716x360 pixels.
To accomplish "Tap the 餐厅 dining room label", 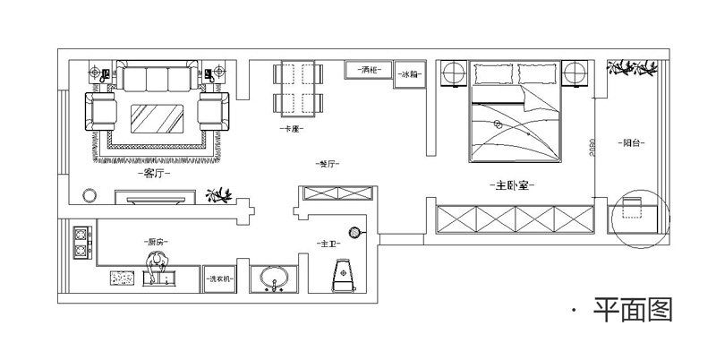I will click(x=328, y=164).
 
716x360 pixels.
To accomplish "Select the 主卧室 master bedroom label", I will click(x=513, y=186).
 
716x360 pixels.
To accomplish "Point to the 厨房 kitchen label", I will click(x=158, y=242).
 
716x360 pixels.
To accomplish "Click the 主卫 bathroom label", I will click(x=327, y=244).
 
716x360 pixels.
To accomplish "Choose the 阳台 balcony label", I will click(x=635, y=142).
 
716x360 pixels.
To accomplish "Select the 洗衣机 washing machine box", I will click(x=219, y=280).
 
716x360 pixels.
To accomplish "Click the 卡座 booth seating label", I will click(x=290, y=129).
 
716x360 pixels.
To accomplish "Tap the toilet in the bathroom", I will click(x=345, y=275).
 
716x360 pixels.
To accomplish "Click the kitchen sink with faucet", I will click(x=158, y=274).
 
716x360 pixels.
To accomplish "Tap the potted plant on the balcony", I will click(x=633, y=67).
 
